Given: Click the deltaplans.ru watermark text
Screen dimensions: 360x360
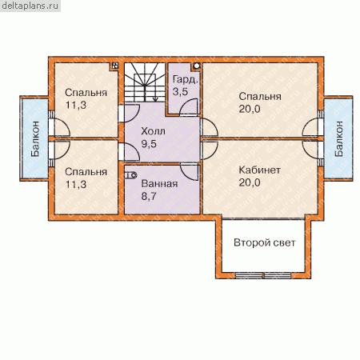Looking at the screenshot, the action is [x=30, y=6].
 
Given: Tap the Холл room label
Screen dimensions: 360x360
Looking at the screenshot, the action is [x=153, y=131].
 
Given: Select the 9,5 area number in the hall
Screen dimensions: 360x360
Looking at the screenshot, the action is [x=149, y=144].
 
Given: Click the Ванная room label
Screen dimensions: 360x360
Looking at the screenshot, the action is [x=159, y=184].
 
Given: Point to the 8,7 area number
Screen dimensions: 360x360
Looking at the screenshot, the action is [x=149, y=197].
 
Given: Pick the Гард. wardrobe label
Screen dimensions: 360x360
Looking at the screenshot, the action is [x=185, y=79].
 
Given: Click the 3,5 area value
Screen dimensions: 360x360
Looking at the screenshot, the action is [x=180, y=92].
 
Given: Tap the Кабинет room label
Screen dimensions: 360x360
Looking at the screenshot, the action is [x=259, y=170].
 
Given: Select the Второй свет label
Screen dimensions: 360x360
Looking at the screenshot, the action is [x=265, y=242].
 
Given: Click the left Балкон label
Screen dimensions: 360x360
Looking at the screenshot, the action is [x=35, y=138].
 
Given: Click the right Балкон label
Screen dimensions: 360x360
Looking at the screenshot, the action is [x=338, y=138].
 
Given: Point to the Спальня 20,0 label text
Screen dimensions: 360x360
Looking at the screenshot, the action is [x=260, y=102].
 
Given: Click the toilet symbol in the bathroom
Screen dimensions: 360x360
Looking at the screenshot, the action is [x=131, y=175].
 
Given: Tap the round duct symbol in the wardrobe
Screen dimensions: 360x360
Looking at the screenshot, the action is [x=197, y=66].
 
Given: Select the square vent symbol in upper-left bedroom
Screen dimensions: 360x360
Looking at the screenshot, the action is [x=115, y=66].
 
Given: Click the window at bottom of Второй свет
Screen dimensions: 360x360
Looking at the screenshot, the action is [x=263, y=275].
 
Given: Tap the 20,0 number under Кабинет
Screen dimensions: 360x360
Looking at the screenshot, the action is [x=250, y=182].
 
